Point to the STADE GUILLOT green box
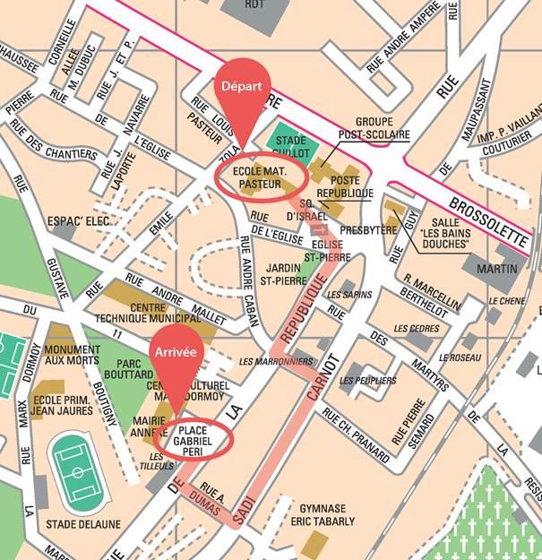tap(289, 145)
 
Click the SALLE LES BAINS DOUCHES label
tap(443, 233)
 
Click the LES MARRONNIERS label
tap(277, 362)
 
